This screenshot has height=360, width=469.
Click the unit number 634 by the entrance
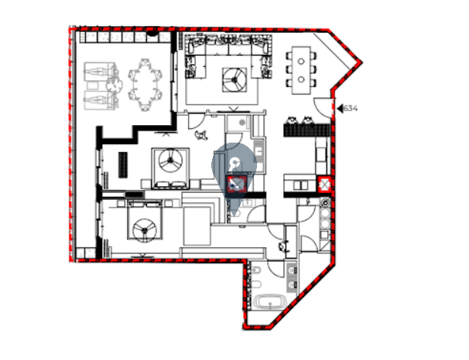tap(350, 108)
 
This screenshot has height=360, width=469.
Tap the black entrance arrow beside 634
tap(340, 108)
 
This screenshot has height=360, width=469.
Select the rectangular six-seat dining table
tap(301, 70)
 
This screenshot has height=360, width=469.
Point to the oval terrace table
tap(146, 85)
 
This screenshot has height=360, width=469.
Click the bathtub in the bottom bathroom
tap(271, 302)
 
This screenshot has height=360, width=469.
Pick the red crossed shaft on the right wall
tap(324, 184)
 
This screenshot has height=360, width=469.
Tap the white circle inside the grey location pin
tap(235, 163)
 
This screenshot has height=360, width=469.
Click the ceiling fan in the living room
tap(235, 79)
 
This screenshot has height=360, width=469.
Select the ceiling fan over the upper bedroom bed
tap(170, 161)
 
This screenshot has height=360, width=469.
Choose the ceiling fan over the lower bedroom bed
tap(145, 230)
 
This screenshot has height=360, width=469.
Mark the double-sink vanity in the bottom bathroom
tap(291, 278)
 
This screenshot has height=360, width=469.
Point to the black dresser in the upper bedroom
tap(123, 165)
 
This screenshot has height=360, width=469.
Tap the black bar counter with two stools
tap(307, 130)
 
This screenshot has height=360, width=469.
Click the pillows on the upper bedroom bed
tap(171, 185)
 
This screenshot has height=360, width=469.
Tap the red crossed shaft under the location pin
tap(236, 185)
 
